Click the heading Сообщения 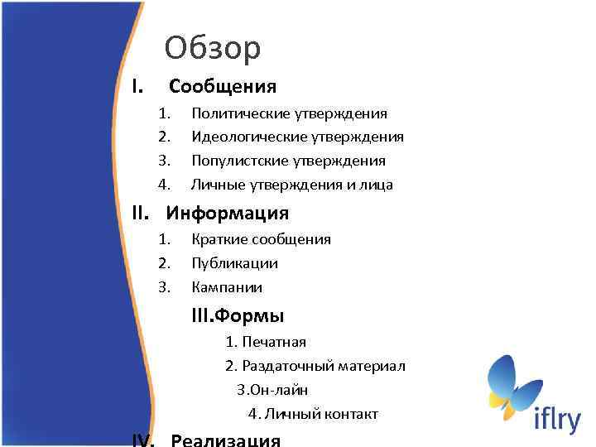click(x=222, y=86)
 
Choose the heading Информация click(x=228, y=214)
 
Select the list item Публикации click(x=234, y=263)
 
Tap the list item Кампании click(x=227, y=287)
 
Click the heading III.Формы click(x=238, y=315)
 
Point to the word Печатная click(x=274, y=342)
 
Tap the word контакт click(x=351, y=414)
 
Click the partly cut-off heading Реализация click(x=225, y=440)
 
